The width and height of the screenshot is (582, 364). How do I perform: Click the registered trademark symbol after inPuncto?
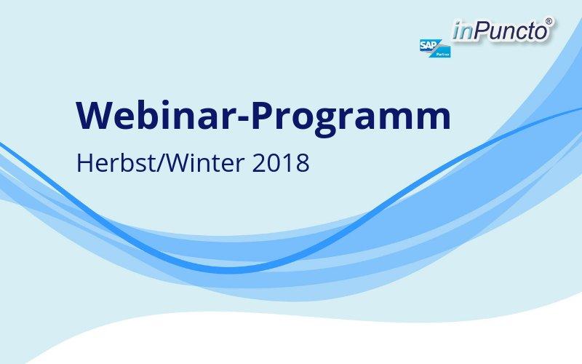point(549,21)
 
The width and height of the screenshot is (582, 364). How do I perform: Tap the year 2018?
point(281,163)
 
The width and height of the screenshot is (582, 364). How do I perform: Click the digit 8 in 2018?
point(303,163)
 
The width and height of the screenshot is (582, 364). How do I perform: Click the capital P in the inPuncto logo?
point(481,30)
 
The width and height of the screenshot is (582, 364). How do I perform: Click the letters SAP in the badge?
point(428,45)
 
